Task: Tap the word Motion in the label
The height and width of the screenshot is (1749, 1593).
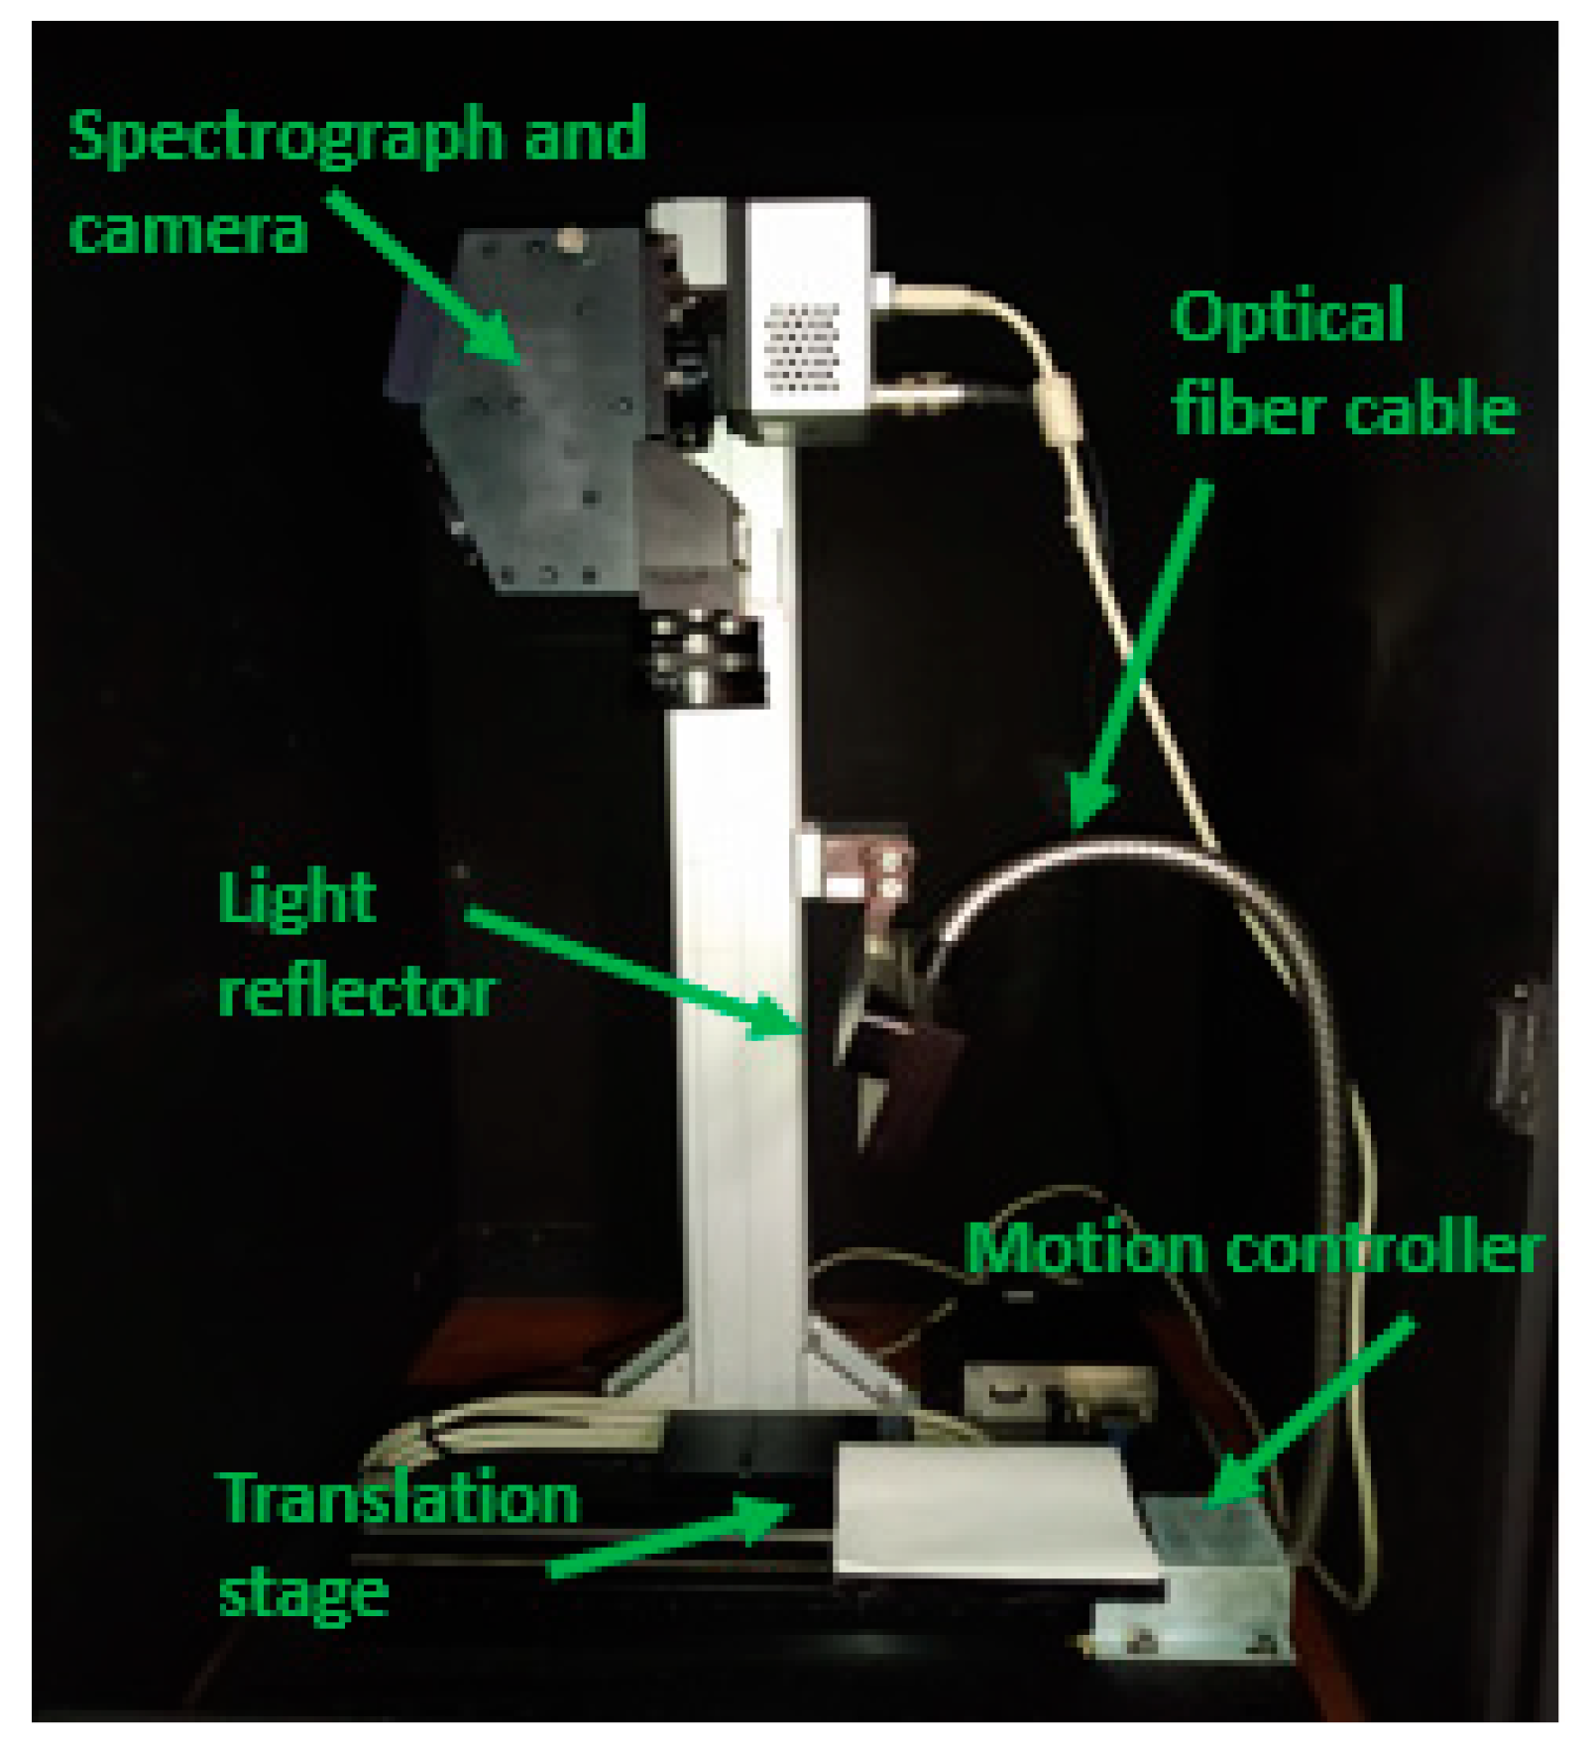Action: click(1084, 1247)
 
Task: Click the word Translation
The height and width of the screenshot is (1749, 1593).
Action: click(399, 1497)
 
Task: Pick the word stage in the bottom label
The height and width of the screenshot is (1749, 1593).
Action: click(302, 1592)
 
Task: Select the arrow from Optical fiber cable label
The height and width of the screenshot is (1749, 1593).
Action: click(1140, 654)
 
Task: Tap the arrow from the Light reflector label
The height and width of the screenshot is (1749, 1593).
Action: click(634, 972)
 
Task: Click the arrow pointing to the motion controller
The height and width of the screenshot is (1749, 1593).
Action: click(1309, 1408)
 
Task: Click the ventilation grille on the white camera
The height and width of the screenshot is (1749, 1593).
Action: click(803, 347)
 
